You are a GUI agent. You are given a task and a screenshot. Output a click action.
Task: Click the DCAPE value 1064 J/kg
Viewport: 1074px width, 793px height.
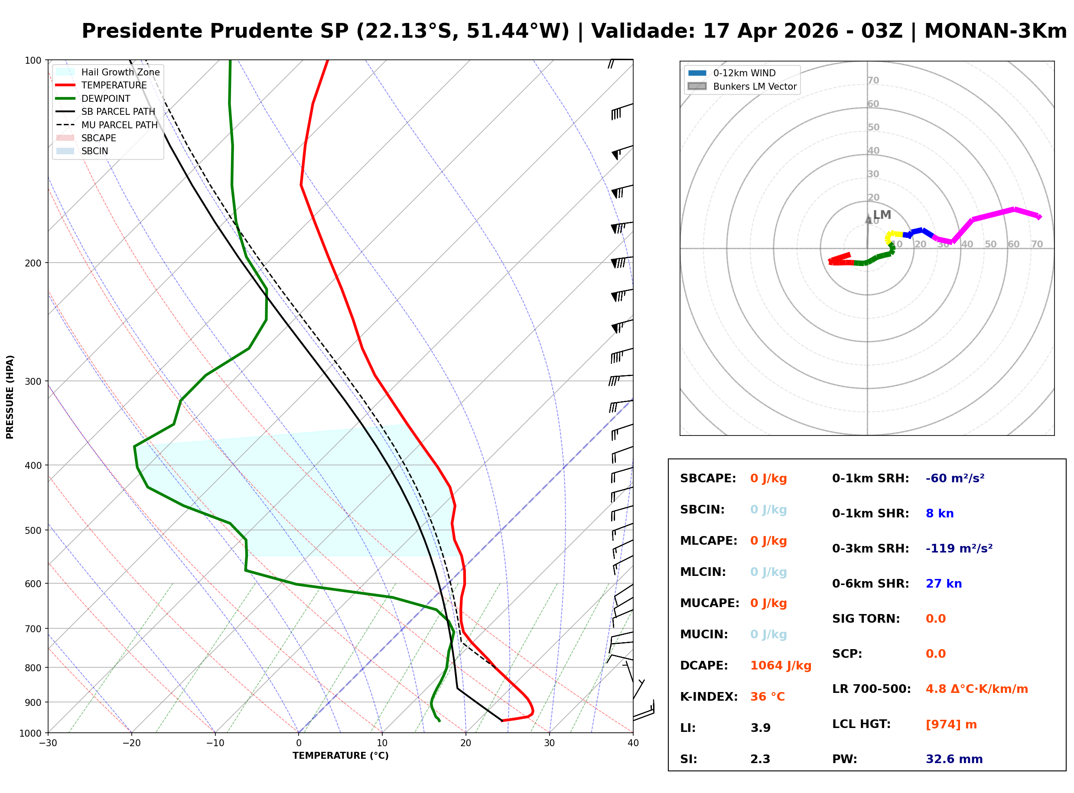(x=780, y=665)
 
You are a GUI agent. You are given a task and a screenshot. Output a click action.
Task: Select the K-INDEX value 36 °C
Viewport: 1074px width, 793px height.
(x=767, y=696)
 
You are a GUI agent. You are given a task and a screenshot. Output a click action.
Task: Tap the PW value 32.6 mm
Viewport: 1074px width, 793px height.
(x=954, y=759)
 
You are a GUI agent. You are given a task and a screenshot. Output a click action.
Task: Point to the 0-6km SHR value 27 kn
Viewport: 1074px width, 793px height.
(x=944, y=584)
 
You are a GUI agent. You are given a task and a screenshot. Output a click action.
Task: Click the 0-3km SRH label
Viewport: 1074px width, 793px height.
(x=870, y=549)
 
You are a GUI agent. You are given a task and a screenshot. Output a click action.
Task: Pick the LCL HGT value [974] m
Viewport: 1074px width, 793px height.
(x=950, y=725)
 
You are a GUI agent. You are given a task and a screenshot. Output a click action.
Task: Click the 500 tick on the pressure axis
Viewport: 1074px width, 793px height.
(x=33, y=530)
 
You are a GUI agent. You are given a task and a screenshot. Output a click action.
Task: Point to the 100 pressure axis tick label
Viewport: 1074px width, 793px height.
(x=33, y=61)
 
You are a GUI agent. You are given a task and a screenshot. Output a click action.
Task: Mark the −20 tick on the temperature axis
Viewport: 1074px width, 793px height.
(x=132, y=743)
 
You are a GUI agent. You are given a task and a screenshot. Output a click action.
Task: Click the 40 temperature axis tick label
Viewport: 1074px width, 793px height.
(x=633, y=743)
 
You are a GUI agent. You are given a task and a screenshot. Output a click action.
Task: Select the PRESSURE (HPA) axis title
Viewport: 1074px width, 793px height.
(x=10, y=396)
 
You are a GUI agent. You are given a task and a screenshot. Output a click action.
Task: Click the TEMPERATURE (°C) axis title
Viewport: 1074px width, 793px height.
(x=340, y=756)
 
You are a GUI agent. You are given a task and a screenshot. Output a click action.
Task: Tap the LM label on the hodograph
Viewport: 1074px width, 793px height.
(x=882, y=214)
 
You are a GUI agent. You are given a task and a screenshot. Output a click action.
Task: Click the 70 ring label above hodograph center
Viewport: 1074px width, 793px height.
(x=873, y=80)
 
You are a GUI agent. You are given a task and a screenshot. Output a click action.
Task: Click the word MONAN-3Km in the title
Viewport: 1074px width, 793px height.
(x=995, y=31)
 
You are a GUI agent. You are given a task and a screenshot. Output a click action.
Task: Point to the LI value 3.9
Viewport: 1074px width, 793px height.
(x=760, y=728)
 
